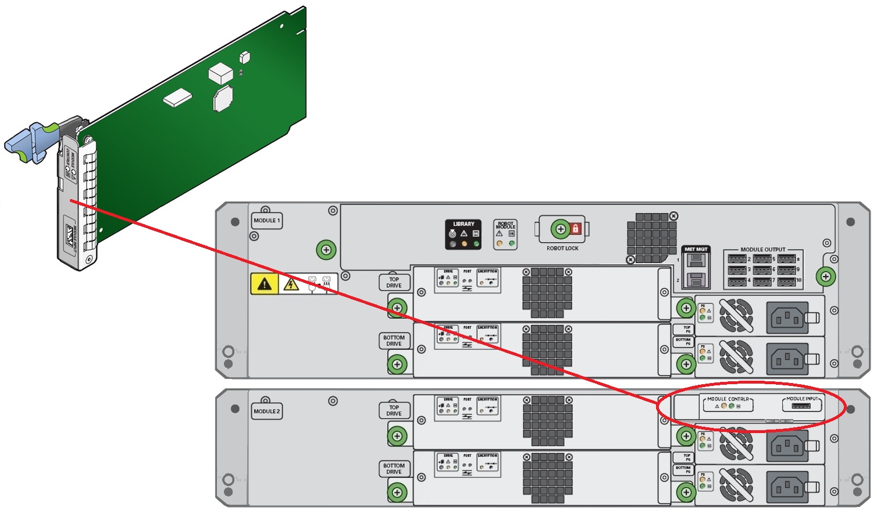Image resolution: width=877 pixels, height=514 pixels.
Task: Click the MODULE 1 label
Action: click(x=266, y=221)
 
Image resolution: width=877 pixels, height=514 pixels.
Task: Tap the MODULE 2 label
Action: click(x=266, y=411)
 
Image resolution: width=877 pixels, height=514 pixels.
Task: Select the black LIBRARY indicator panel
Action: click(x=464, y=234)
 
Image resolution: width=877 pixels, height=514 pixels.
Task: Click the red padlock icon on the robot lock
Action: click(x=576, y=228)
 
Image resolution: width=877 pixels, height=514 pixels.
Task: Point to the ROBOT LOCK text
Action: click(x=562, y=249)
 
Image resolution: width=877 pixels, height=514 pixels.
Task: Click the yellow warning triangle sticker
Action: click(x=265, y=284)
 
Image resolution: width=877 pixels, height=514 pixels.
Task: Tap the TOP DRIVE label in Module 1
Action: click(x=394, y=282)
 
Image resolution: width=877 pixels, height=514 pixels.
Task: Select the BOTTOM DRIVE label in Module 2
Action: click(x=394, y=469)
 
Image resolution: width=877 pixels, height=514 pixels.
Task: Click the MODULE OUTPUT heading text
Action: click(x=762, y=250)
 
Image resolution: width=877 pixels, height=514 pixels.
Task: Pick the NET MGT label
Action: click(x=696, y=249)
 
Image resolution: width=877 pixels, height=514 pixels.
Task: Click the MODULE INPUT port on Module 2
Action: click(x=801, y=405)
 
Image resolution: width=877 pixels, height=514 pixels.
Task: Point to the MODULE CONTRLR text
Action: click(x=728, y=399)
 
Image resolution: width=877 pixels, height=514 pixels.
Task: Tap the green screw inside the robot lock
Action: click(x=561, y=229)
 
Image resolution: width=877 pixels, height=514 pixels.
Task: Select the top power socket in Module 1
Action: click(x=787, y=317)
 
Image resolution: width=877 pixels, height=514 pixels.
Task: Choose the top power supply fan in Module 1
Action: click(x=736, y=316)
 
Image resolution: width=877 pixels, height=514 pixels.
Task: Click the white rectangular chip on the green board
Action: click(x=177, y=98)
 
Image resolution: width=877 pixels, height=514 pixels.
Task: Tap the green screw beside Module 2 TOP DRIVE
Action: click(x=397, y=435)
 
